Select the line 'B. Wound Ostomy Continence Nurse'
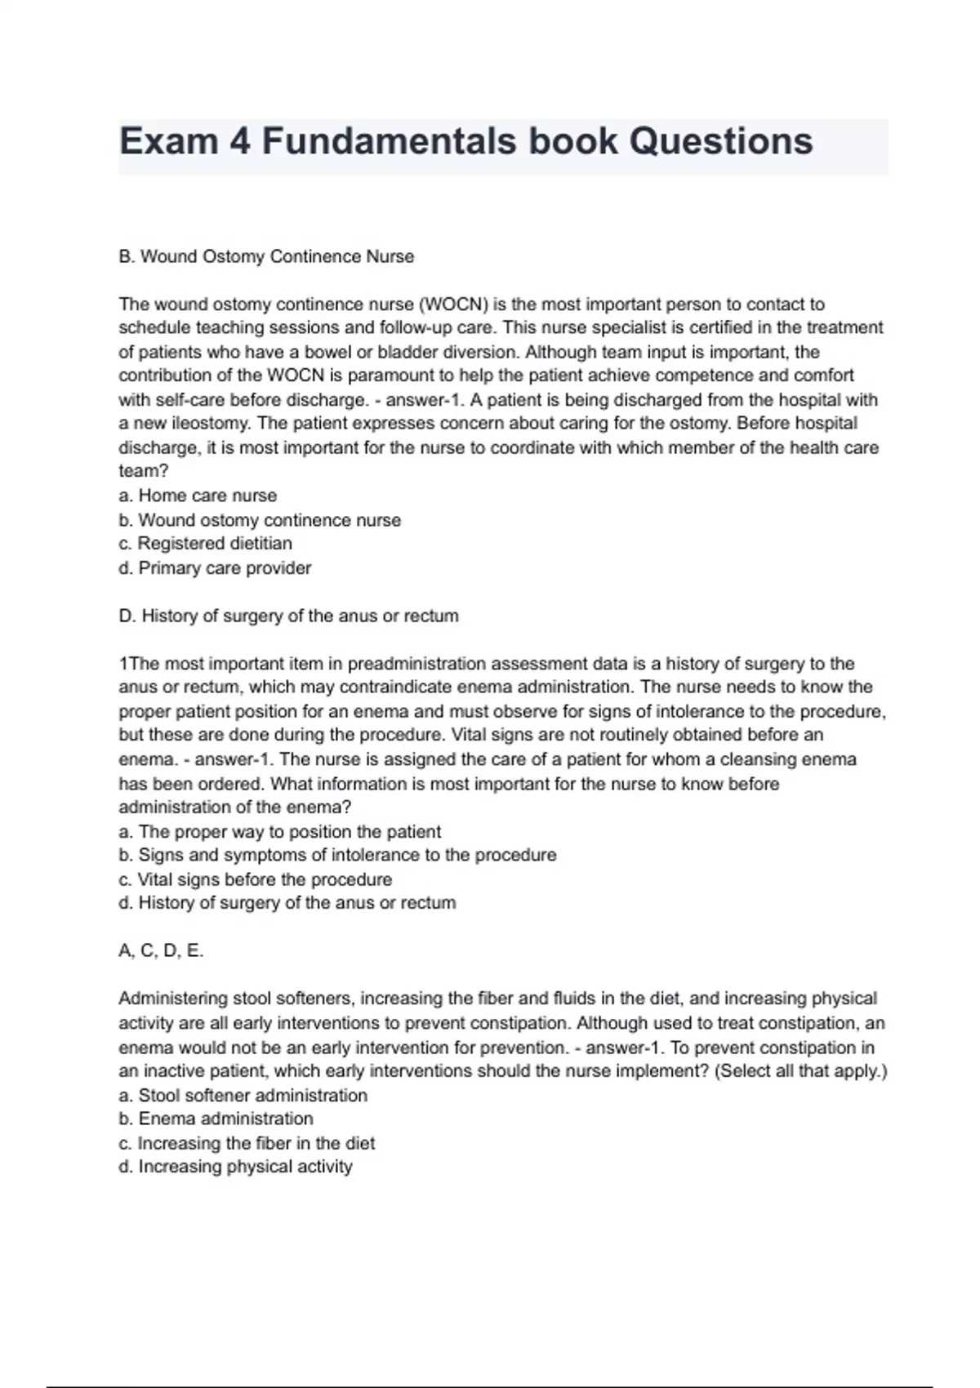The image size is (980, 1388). [266, 256]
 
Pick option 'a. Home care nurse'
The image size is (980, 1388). [198, 496]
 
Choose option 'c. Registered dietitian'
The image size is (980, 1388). [205, 544]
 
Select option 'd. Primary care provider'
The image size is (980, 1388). [215, 567]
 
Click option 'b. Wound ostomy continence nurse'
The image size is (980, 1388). [260, 520]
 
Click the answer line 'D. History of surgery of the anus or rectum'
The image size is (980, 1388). [288, 616]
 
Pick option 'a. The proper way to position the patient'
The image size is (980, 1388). [279, 831]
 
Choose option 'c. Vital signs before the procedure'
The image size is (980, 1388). [255, 879]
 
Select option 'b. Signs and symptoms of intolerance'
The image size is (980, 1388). [337, 855]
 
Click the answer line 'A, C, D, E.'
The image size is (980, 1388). [161, 950]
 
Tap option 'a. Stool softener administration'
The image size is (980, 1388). [243, 1095]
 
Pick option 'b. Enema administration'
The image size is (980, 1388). [216, 1119]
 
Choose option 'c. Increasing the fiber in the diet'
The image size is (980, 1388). [247, 1143]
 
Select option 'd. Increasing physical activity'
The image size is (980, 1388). [235, 1167]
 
